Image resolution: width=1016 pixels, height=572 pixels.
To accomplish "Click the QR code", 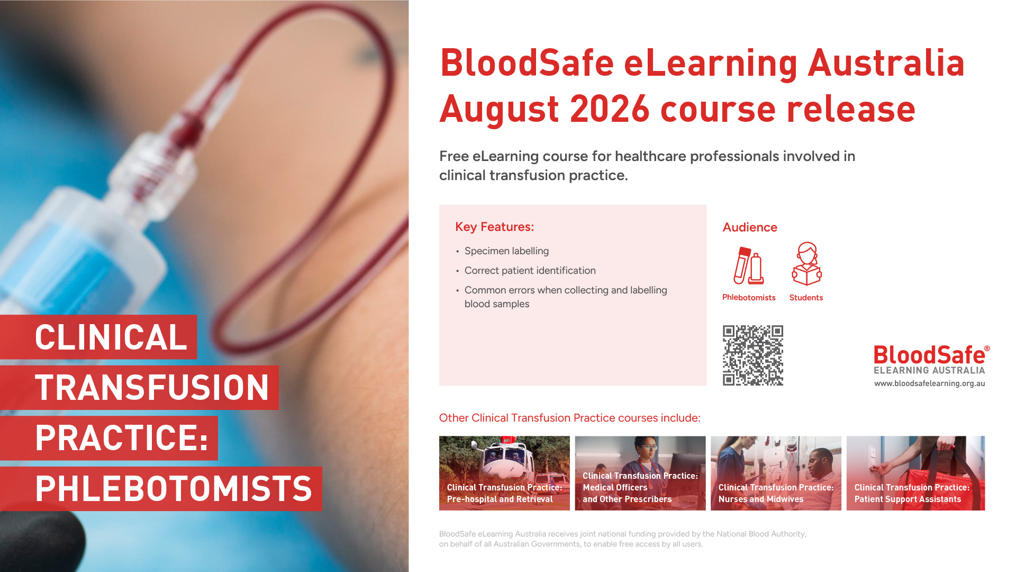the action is pos(753,355).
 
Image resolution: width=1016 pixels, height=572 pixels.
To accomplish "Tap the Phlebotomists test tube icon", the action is pos(748,266).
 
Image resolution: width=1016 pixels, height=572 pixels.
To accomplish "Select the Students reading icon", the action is pos(806,264).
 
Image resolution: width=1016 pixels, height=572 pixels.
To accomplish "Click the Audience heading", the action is pos(750,227).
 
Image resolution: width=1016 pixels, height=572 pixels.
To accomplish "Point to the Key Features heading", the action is pos(494,227).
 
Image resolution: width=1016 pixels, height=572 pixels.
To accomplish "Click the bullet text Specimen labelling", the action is pos(506,251).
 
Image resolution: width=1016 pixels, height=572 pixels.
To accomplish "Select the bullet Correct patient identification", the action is pos(530,271).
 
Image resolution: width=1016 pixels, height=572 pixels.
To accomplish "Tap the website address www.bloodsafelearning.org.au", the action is pos(929,383).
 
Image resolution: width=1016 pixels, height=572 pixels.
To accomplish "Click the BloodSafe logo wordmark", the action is pos(930,355).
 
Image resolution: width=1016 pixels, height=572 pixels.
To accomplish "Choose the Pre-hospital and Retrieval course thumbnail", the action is pos(504,473).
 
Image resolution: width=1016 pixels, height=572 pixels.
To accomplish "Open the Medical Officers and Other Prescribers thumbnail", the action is pos(640,473).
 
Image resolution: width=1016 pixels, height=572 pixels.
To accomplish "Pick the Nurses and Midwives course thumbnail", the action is pos(776,473).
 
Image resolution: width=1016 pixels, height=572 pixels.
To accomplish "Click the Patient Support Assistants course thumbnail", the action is pos(915,473).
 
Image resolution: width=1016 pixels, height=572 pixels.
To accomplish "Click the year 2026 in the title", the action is pos(610,109).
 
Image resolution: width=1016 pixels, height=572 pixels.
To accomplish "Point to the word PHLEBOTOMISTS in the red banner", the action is pos(174,488).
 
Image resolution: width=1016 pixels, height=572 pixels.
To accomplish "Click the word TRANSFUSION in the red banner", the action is pos(152,387).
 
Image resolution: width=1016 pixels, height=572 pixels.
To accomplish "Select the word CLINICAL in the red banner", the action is pos(111,337).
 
